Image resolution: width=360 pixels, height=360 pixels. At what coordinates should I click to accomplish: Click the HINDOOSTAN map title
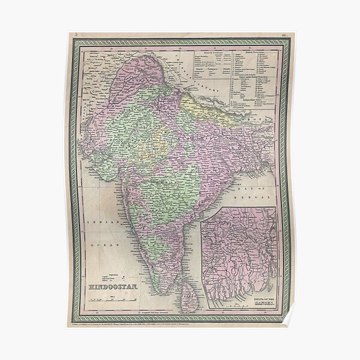tap(113, 287)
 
